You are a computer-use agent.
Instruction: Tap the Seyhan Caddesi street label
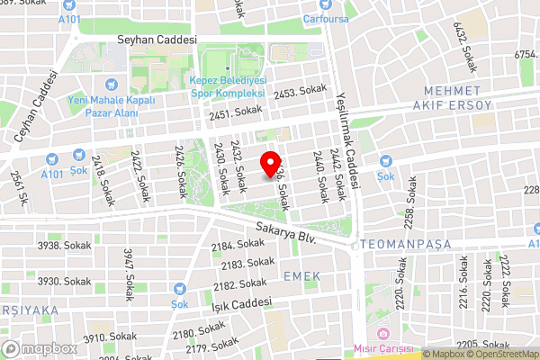pyautogui.click(x=157, y=41)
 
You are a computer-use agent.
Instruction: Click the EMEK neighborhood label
pyautogui.click(x=301, y=274)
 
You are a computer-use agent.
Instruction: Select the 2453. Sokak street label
pyautogui.click(x=300, y=92)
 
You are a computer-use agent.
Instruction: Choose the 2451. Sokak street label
pyautogui.click(x=236, y=112)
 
